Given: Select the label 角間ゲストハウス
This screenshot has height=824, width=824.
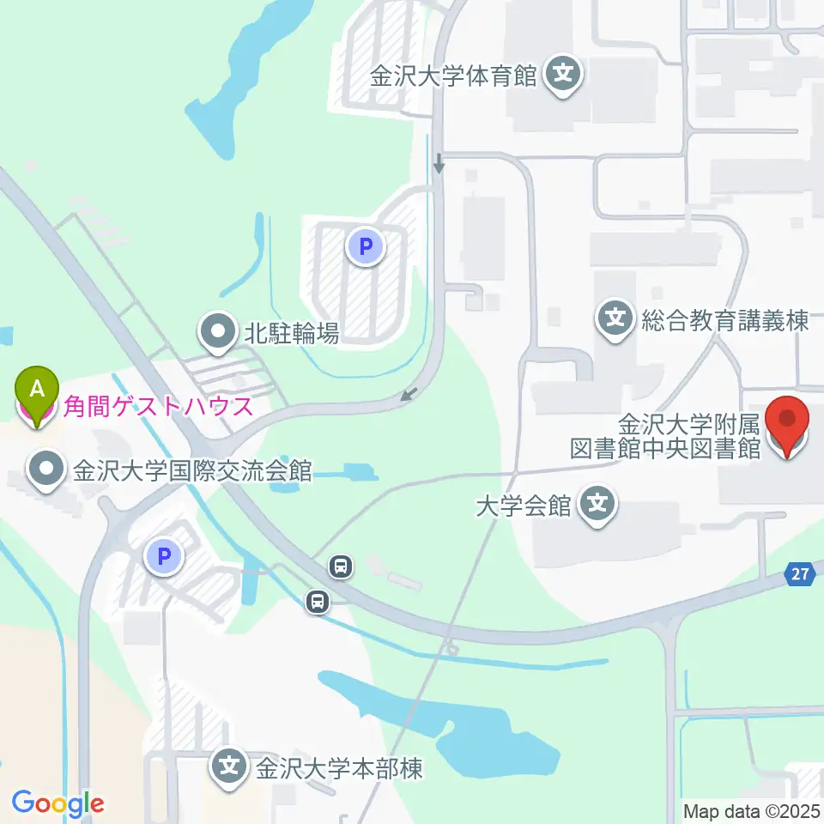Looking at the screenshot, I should [x=158, y=406].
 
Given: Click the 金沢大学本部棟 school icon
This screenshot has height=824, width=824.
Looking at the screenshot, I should [x=229, y=766].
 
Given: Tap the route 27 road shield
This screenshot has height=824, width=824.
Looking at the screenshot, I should [x=800, y=576].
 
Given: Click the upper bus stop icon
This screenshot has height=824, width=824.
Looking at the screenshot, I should [x=342, y=566].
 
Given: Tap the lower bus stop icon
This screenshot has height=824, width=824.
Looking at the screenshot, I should [x=318, y=602].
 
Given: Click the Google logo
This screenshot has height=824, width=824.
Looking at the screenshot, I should [x=58, y=803].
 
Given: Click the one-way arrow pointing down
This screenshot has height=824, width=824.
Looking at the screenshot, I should [x=439, y=162].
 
